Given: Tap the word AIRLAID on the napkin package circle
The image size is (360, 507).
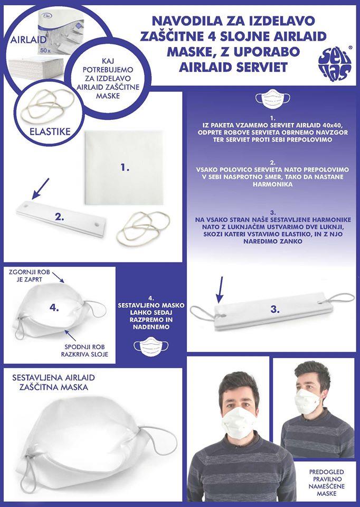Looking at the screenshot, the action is [x=29, y=40].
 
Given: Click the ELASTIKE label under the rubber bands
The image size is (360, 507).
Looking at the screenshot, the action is [x=50, y=132].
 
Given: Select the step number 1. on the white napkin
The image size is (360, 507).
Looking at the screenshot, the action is [x=125, y=168].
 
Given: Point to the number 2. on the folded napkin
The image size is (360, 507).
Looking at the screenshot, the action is [x=60, y=217].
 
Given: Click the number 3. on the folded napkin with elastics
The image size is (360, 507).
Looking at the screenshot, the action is [x=275, y=309].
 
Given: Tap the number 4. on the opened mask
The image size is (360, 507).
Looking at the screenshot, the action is [x=54, y=308].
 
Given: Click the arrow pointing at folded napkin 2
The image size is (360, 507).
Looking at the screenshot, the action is [x=41, y=188].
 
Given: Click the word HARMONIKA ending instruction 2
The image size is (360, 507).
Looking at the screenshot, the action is [x=273, y=184].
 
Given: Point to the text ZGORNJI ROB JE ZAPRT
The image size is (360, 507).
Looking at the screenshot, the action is [x=30, y=276].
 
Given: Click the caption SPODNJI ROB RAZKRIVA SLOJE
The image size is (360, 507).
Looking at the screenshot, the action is [x=84, y=351].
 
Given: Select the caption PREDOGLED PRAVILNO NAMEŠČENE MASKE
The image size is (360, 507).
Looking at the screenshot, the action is [x=322, y=483].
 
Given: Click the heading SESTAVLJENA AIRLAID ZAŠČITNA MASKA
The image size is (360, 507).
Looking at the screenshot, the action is [x=54, y=382].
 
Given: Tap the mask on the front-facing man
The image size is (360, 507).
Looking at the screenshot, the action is [x=239, y=423].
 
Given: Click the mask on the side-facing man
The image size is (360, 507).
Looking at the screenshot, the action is [x=309, y=401].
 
